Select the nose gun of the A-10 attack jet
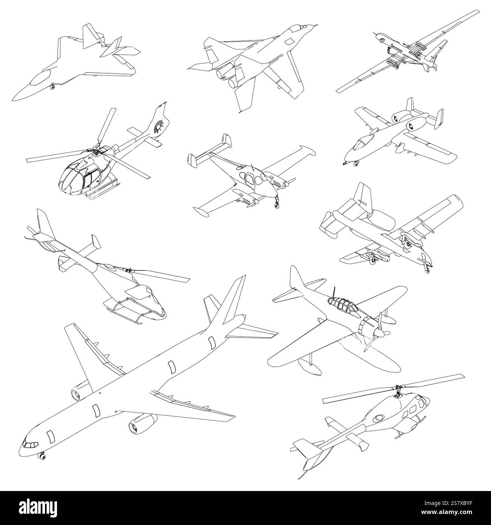[344, 164]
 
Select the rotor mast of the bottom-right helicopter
[398, 391]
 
